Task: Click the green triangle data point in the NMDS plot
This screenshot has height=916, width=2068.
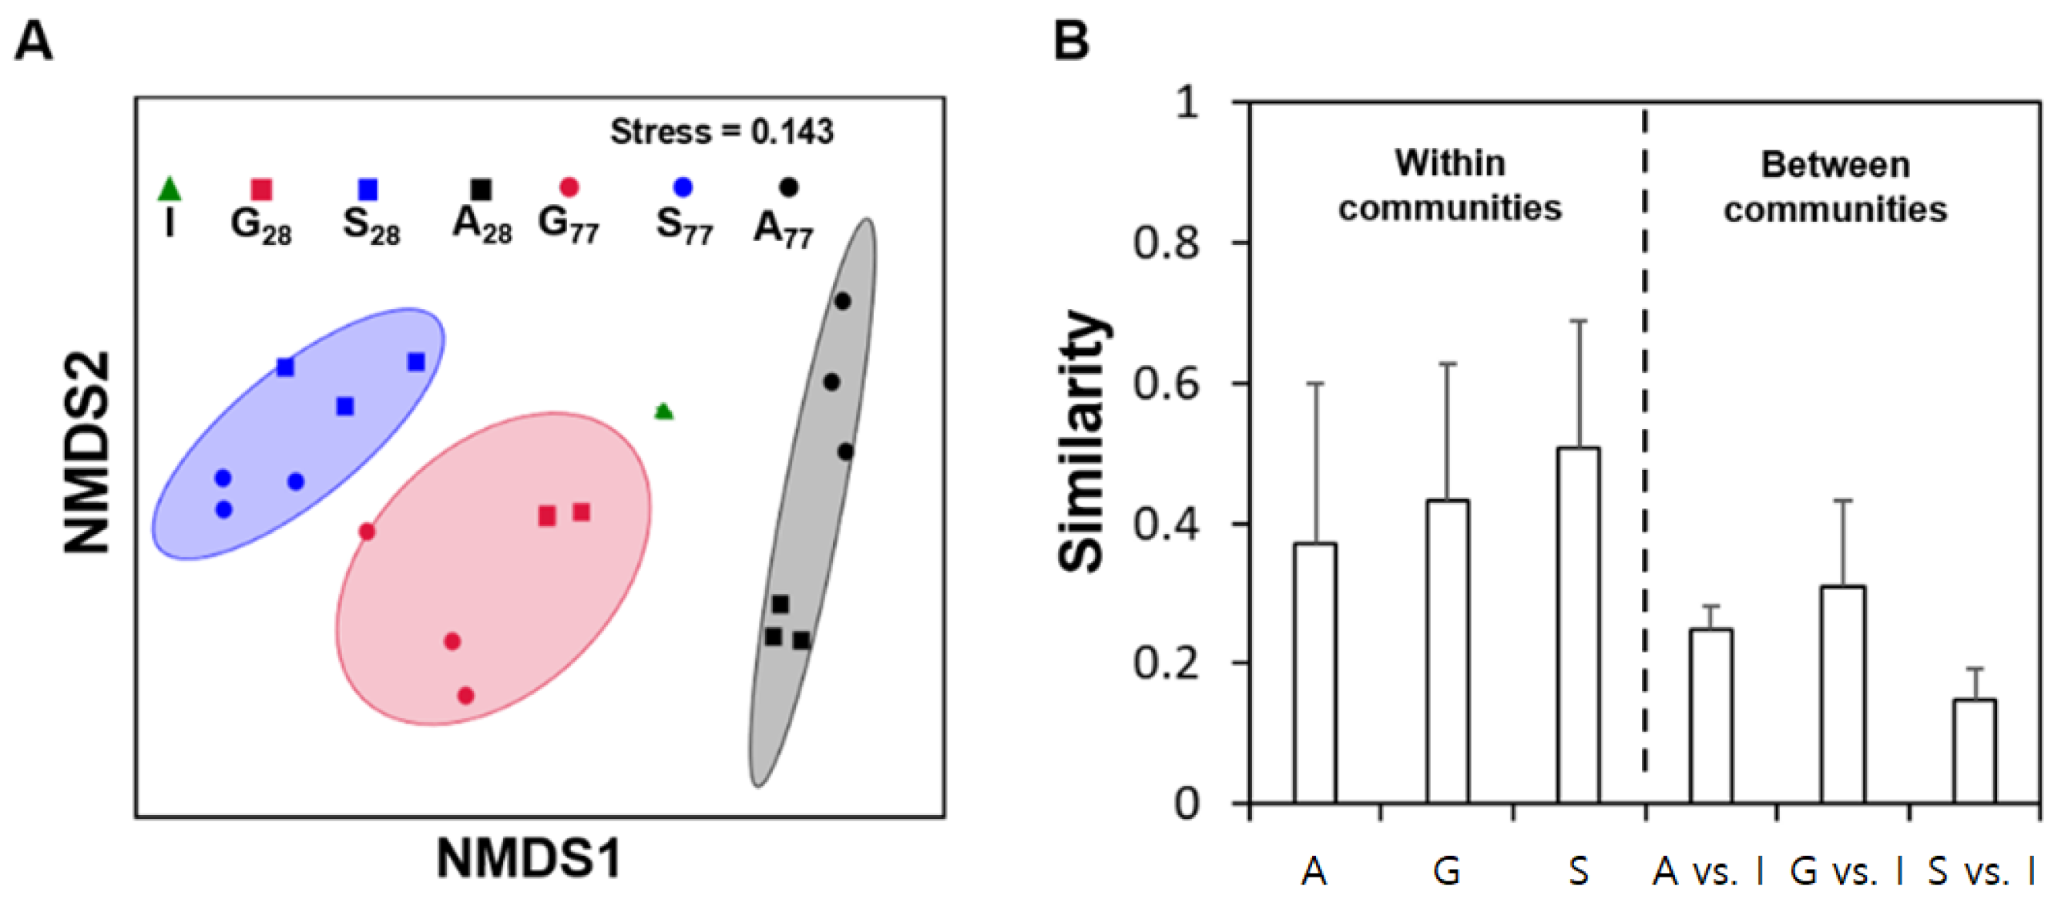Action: point(663,412)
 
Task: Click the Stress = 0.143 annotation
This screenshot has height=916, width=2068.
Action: point(721,132)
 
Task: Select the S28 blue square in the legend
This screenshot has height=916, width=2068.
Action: point(368,190)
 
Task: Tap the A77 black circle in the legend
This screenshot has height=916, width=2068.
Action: point(788,187)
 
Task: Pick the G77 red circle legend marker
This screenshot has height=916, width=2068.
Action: point(569,188)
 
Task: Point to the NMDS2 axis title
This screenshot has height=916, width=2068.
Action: point(87,454)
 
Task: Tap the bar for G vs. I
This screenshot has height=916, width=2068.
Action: point(1842,694)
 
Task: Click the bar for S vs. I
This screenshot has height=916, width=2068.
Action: point(1974,750)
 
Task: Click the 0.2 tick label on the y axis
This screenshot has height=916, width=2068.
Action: point(1167,664)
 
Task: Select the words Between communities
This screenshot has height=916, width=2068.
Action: point(1835,187)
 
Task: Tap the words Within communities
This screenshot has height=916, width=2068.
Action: point(1450,186)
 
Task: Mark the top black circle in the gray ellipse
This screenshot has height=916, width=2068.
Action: point(842,302)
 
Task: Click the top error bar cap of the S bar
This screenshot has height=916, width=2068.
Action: point(1578,321)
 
